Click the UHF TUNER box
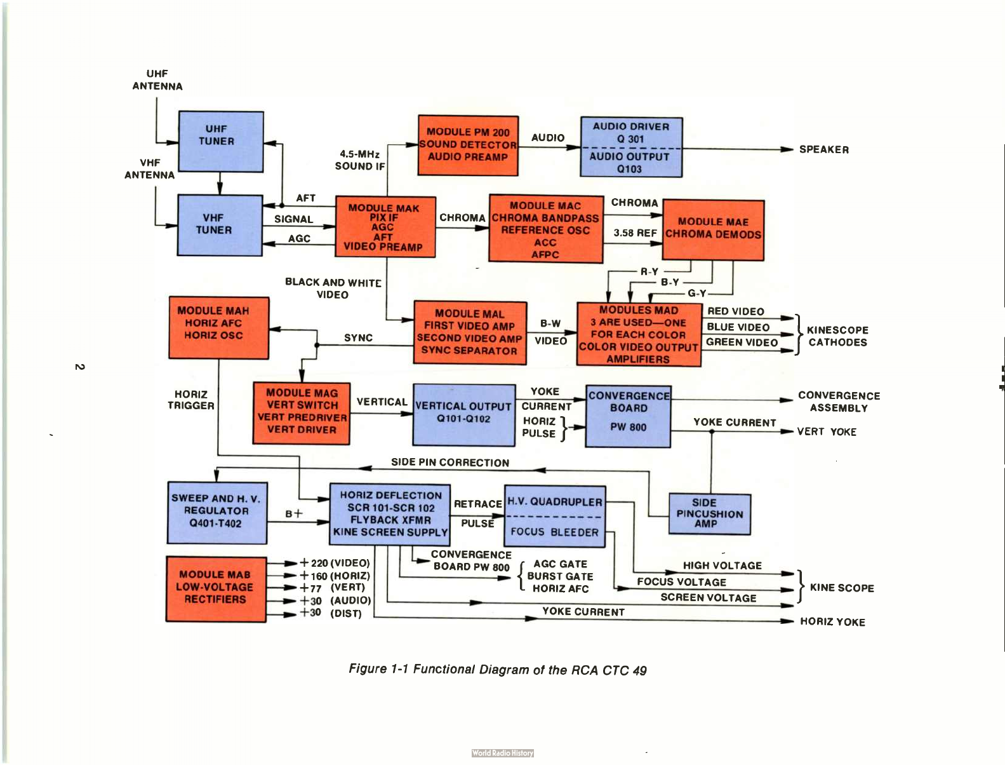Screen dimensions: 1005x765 pyautogui.click(x=221, y=142)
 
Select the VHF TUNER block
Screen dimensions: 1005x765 pyautogui.click(x=220, y=225)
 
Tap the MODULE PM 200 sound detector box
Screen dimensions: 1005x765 pyautogui.click(x=468, y=146)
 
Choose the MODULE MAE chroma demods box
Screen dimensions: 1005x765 pyautogui.click(x=713, y=229)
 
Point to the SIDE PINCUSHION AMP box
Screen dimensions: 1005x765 pyautogui.click(x=709, y=513)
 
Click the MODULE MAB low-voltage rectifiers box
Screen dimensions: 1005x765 pyautogui.click(x=216, y=588)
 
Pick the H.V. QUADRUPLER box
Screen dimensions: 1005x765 pyautogui.click(x=554, y=517)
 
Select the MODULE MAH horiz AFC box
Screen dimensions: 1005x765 pyautogui.click(x=218, y=327)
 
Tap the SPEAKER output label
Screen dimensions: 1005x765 pyautogui.click(x=823, y=150)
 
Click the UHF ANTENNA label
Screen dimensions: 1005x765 pyautogui.click(x=157, y=79)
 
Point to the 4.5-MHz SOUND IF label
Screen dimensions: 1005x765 pyautogui.click(x=360, y=160)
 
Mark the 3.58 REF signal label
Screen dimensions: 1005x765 pyautogui.click(x=635, y=233)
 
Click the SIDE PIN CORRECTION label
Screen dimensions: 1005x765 pyautogui.click(x=450, y=462)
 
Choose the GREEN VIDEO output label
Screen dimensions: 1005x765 pyautogui.click(x=742, y=342)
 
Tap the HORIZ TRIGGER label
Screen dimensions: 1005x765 pyautogui.click(x=191, y=400)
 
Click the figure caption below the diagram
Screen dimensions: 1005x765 pyautogui.click(x=498, y=670)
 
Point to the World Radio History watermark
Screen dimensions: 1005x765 pyautogui.click(x=503, y=753)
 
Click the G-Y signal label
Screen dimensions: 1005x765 pyautogui.click(x=697, y=293)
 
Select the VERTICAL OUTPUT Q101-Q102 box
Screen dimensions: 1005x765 pyautogui.click(x=464, y=415)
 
